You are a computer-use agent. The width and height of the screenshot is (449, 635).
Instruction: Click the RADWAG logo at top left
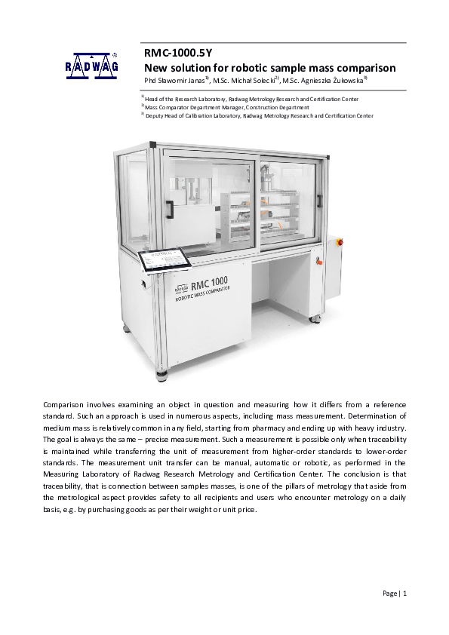(91, 66)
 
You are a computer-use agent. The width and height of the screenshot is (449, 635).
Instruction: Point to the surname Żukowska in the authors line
(348, 81)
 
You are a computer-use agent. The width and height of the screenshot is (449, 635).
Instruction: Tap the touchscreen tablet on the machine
(165, 261)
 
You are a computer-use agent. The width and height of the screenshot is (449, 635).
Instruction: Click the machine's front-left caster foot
(161, 372)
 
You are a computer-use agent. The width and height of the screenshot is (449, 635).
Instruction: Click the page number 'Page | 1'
(395, 594)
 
